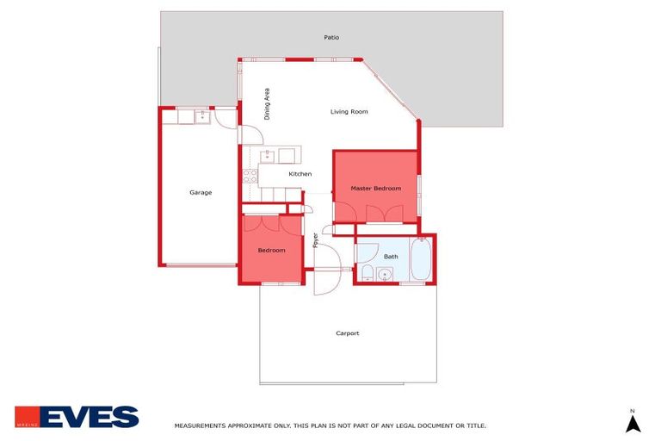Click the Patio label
point(331,38)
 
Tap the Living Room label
point(349,111)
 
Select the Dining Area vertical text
point(268,103)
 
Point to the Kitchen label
point(300,174)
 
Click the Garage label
point(201,192)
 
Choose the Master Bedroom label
point(375,188)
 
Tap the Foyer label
point(315,239)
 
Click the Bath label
point(391,257)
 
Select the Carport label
point(347,333)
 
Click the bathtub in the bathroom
point(421,259)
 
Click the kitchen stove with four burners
point(250,177)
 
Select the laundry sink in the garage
point(203,115)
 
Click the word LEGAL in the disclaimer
point(392,425)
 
